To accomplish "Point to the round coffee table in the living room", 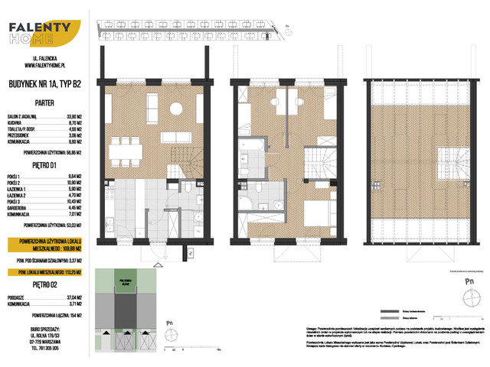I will pos(175,108).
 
